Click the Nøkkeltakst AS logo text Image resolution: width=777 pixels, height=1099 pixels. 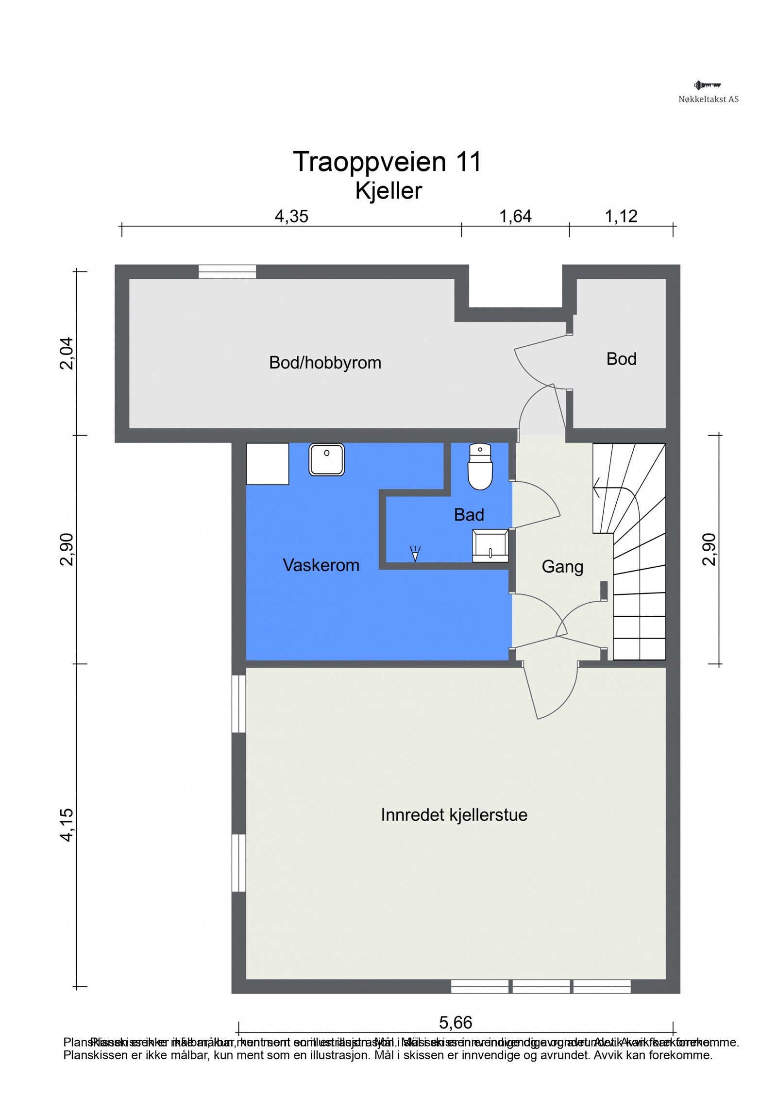[x=708, y=99]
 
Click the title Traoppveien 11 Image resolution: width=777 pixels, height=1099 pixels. [x=387, y=162]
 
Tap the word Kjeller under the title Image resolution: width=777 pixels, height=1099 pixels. [x=388, y=190]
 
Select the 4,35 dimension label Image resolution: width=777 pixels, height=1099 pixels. [x=291, y=216]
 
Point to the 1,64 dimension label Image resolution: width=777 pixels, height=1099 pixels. [x=515, y=216]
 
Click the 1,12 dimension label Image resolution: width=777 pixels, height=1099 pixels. [x=621, y=216]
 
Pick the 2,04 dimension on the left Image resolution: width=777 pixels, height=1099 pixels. [x=67, y=353]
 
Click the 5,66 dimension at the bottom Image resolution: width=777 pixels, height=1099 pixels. [x=455, y=1022]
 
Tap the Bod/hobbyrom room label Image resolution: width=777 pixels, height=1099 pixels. [x=325, y=363]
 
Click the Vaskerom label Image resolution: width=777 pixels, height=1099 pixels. [x=321, y=565]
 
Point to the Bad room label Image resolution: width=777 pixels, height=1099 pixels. [x=469, y=515]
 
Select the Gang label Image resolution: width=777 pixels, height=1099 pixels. [x=562, y=567]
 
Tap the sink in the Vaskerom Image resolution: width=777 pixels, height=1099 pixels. [x=326, y=459]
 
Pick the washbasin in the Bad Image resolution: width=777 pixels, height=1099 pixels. [x=490, y=545]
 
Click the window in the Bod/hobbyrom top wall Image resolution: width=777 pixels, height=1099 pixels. [x=227, y=271]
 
